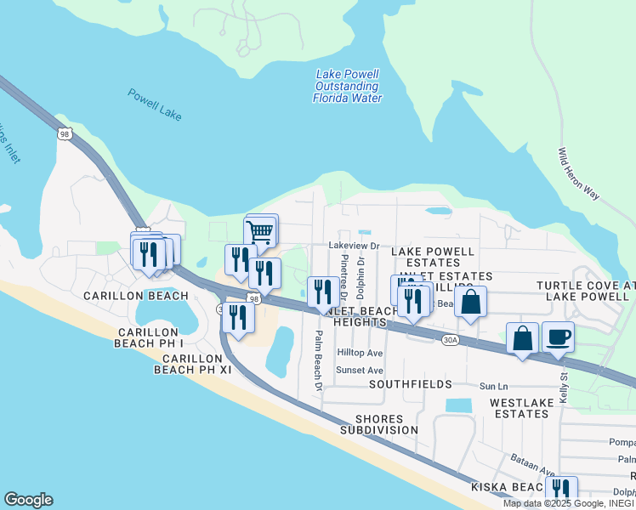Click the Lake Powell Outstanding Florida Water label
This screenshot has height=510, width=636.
point(348,86)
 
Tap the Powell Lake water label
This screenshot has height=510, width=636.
point(155,105)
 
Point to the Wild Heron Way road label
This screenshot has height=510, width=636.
point(578,174)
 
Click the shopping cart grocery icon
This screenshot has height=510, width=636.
point(260,230)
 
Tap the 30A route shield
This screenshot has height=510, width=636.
point(451,340)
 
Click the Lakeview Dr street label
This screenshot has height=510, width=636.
point(353,244)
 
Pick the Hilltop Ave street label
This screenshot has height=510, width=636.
point(360,352)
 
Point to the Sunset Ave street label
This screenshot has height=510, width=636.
point(360,370)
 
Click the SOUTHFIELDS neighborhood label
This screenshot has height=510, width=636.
point(410,384)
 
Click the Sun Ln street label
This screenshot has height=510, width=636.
point(493,386)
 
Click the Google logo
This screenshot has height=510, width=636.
point(28,500)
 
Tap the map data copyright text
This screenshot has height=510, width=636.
point(568,503)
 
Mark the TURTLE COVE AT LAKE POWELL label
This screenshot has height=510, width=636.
point(585,291)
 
